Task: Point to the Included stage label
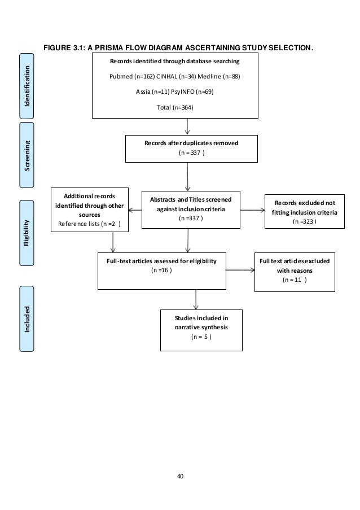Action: point(27,320)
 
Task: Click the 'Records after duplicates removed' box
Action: point(191,148)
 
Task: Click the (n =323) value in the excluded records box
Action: point(305,222)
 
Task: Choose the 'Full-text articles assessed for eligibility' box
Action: point(162,270)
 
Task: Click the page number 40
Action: point(180,476)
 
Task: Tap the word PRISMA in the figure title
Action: point(117,48)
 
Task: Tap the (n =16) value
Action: point(162,271)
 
